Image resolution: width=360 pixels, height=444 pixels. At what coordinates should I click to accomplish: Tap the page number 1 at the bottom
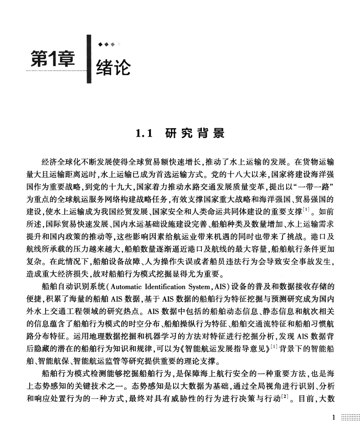point(334,417)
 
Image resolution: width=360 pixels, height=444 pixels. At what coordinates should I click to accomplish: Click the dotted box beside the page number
point(350,417)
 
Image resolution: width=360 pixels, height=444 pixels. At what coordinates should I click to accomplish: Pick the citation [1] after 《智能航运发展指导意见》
point(274,347)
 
